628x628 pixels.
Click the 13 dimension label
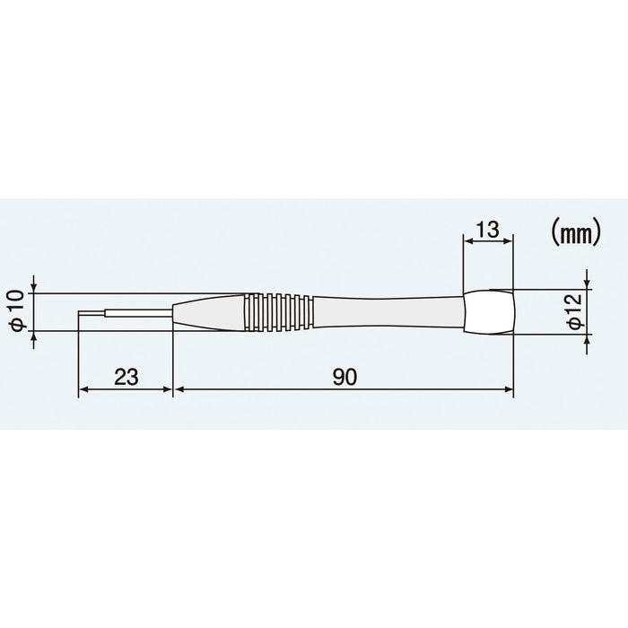point(487,230)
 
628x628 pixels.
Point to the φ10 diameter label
point(15,312)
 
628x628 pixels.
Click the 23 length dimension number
point(125,377)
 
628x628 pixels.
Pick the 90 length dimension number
point(343,377)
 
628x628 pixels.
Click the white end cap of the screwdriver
point(489,311)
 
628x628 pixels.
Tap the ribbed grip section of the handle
point(278,311)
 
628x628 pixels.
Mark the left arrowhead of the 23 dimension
point(83,389)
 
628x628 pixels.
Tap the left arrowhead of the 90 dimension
point(177,389)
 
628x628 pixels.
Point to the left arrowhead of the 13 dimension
point(467,240)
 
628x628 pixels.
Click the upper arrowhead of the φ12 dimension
point(587,284)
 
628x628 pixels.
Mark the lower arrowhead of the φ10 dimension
point(33,336)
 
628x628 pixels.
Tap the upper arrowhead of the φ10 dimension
point(33,288)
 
